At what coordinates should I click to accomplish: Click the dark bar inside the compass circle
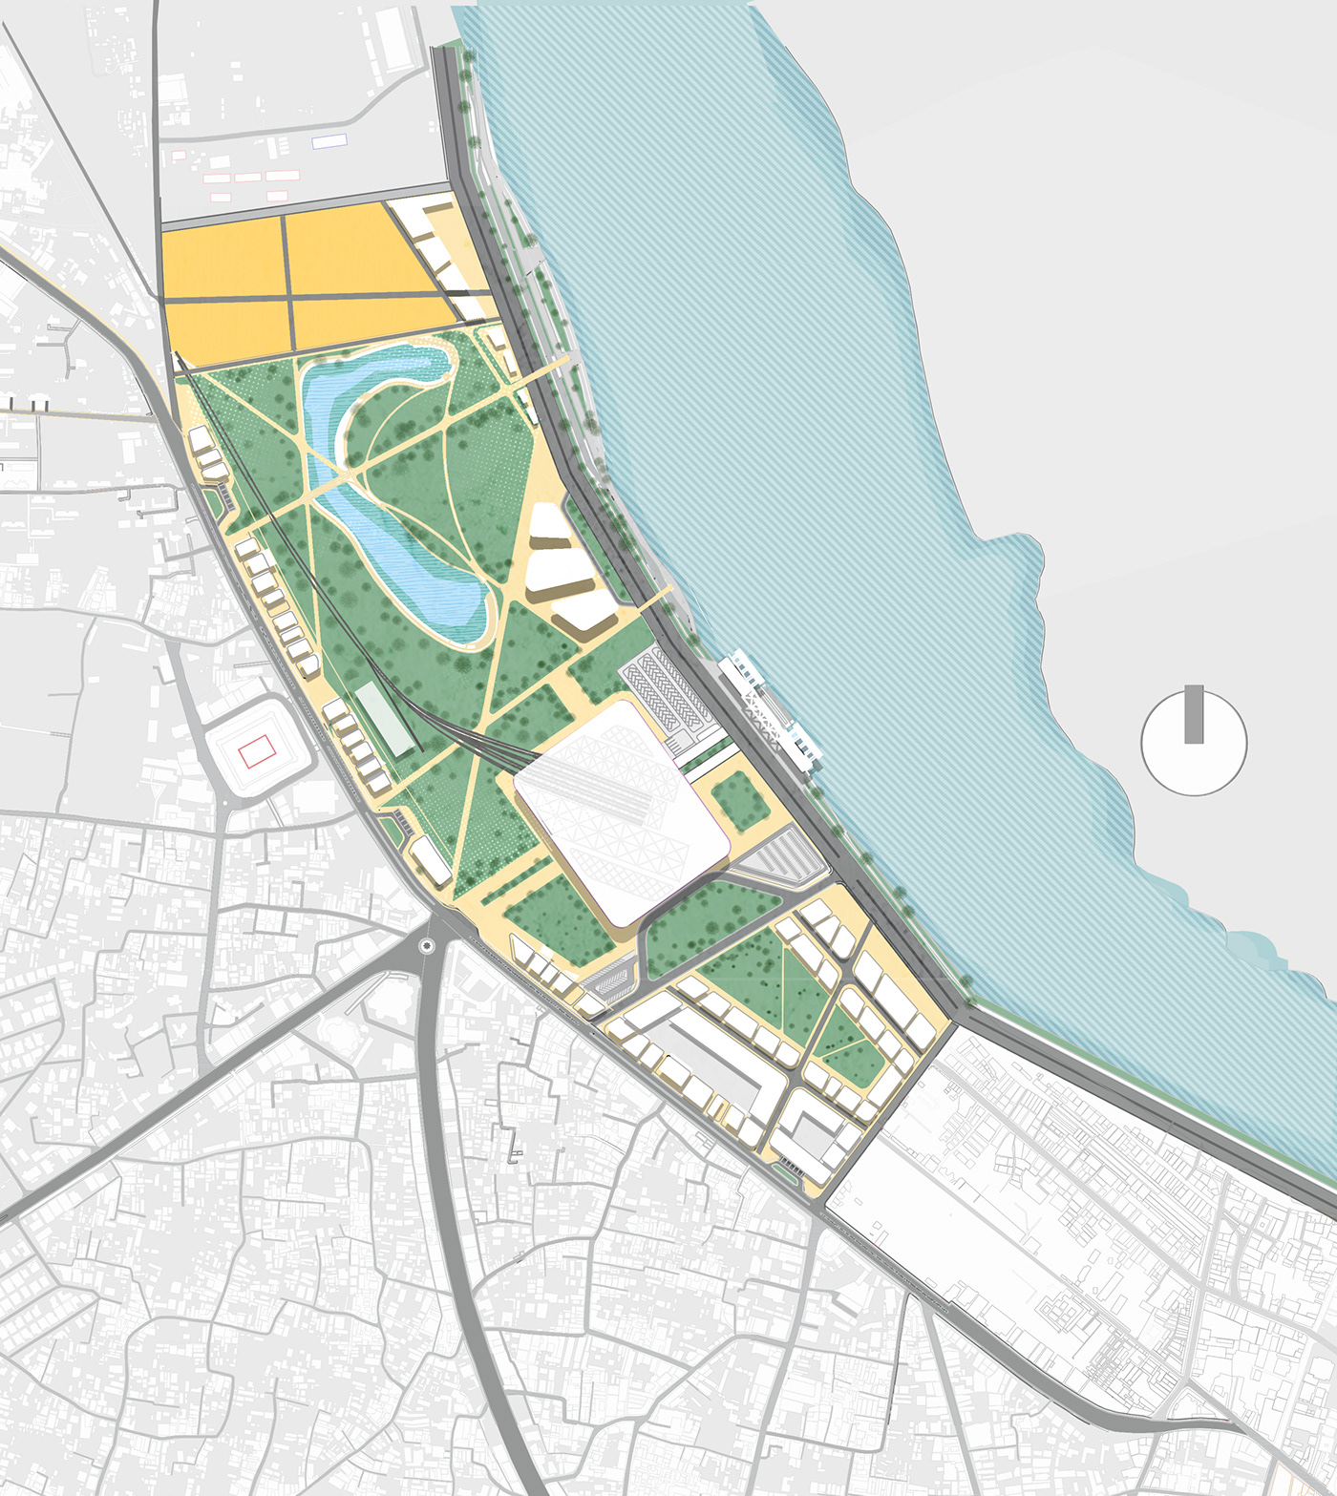[x=1194, y=714]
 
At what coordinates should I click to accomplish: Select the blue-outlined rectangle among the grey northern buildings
[x=329, y=140]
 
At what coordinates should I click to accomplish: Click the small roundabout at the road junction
[x=426, y=946]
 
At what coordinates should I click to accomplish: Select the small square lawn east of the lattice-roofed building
[x=740, y=800]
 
